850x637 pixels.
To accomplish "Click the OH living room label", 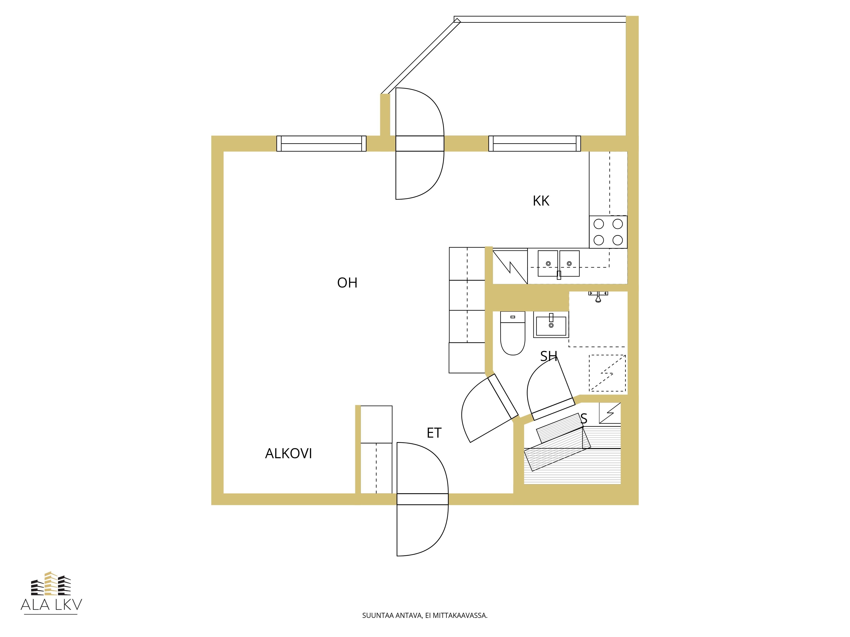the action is (347, 283).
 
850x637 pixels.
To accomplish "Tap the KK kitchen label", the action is (541, 201).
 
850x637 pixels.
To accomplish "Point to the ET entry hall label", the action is (434, 433).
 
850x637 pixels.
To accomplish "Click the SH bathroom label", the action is (548, 356).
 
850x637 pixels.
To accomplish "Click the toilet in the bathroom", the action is (513, 333).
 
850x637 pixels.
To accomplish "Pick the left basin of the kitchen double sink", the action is (548, 264).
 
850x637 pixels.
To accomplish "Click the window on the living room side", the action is (321, 144).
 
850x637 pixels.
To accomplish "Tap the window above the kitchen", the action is (534, 144).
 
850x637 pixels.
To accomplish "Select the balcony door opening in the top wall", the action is (420, 144).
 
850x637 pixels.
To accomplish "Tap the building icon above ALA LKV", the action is (51, 583).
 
